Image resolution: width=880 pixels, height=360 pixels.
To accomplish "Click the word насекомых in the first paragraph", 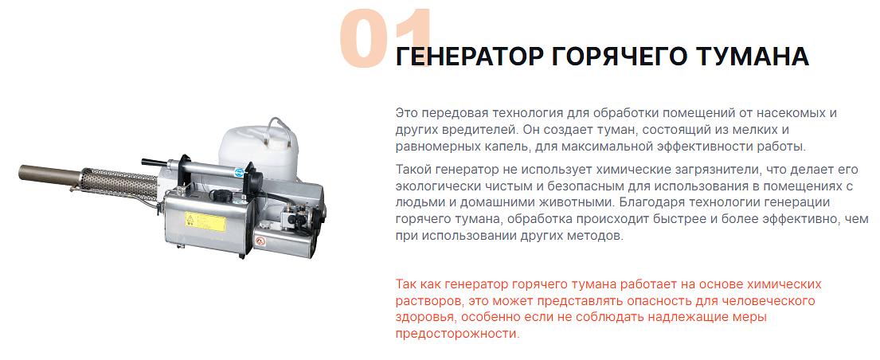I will [x=788, y=112].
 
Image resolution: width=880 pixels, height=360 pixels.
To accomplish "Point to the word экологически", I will [x=434, y=186].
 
